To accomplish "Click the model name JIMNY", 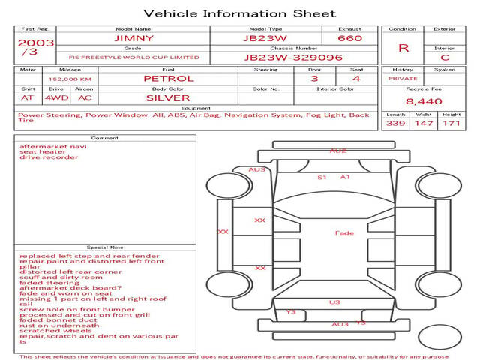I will pyautogui.click(x=133, y=38).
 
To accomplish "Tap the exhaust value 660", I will pyautogui.click(x=349, y=38).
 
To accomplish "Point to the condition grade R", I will pyautogui.click(x=403, y=48).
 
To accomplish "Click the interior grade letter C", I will pyautogui.click(x=445, y=57).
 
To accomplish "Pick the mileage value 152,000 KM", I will pyautogui.click(x=70, y=78).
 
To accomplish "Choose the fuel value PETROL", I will pyautogui.click(x=168, y=78).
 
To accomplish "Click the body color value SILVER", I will pyautogui.click(x=168, y=97).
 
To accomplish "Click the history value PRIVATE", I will pyautogui.click(x=403, y=78).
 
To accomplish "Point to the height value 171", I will pyautogui.click(x=451, y=123).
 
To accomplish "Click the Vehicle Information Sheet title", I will pyautogui.click(x=240, y=13).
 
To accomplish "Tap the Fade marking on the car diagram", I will pyautogui.click(x=344, y=233).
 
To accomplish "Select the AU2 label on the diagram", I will pyautogui.click(x=338, y=151).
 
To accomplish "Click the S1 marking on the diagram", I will pyautogui.click(x=322, y=178).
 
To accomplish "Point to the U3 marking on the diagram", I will pyautogui.click(x=334, y=302).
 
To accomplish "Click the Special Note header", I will pyautogui.click(x=105, y=247).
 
